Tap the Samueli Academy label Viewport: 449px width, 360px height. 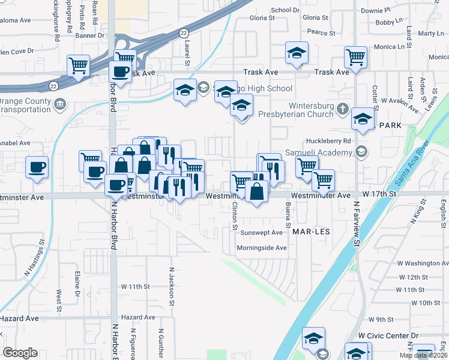pyautogui.click(x=321, y=152)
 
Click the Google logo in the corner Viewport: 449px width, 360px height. pyautogui.click(x=20, y=353)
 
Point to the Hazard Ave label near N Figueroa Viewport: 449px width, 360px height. pyautogui.click(x=138, y=317)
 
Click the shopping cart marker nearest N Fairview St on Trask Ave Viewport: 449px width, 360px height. pyautogui.click(x=355, y=58)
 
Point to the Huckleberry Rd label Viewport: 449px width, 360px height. pyautogui.click(x=327, y=141)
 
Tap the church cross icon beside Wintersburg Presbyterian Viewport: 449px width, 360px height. pyautogui.click(x=343, y=109)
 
